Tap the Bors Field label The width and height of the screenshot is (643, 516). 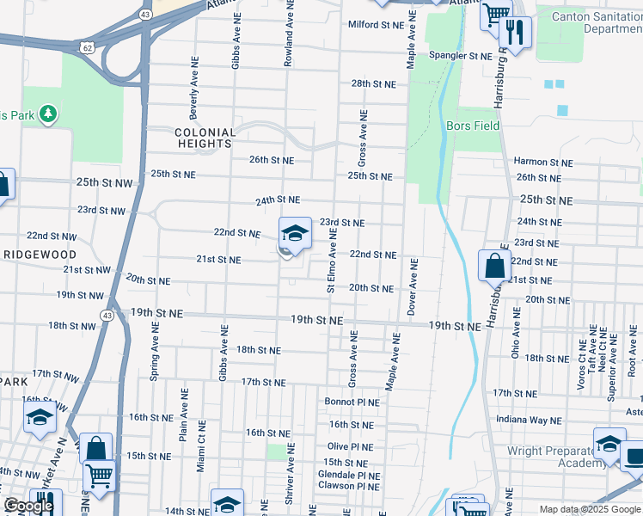tap(473, 126)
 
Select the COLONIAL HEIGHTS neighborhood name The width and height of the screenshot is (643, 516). tap(205, 138)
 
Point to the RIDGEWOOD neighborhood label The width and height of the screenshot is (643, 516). tap(40, 255)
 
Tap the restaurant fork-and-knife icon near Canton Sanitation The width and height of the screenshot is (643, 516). tap(515, 33)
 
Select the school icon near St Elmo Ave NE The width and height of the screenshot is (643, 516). tap(295, 233)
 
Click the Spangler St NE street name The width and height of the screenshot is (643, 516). tap(461, 56)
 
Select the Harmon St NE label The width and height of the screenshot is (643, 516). tap(542, 162)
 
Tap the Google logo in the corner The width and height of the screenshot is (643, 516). tap(28, 506)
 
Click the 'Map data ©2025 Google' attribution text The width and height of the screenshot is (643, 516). tap(590, 509)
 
